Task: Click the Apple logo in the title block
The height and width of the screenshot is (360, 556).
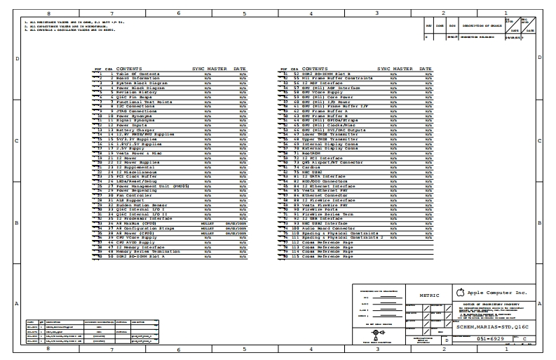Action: pyautogui.click(x=460, y=292)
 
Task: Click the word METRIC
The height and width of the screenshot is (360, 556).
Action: pyautogui.click(x=429, y=295)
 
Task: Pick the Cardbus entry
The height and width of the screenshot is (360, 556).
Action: pyautogui.click(x=309, y=168)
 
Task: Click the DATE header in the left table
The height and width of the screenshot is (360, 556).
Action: pyautogui.click(x=240, y=69)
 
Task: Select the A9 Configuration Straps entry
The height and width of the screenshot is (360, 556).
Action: pyautogui.click(x=140, y=228)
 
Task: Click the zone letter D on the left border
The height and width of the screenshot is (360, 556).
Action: pyautogui.click(x=17, y=58)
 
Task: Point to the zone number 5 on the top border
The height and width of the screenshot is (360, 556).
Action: pyautogui.click(x=244, y=13)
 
